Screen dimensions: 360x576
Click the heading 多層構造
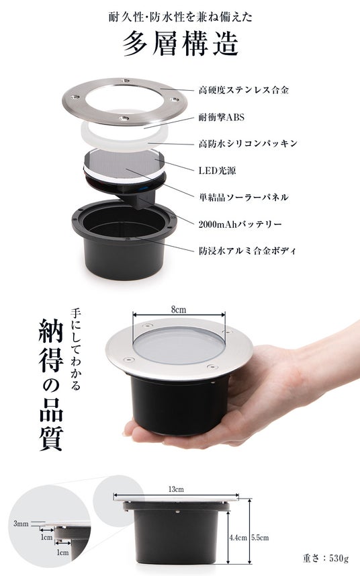point(181,43)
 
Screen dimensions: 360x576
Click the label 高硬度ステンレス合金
point(244,90)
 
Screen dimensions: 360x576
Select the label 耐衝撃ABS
point(221,117)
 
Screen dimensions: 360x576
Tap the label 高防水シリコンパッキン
point(248,144)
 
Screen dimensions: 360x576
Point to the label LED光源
point(217,171)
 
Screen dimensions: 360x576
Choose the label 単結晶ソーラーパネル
point(243,198)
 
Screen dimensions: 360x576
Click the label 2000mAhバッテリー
point(240,224)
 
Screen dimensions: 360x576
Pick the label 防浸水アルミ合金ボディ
point(247,251)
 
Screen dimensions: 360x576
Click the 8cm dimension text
point(179,310)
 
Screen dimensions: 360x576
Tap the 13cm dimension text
point(176,489)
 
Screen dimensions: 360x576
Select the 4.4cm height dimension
point(238,538)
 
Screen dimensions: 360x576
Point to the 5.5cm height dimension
point(260,538)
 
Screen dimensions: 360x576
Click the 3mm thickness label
point(21,524)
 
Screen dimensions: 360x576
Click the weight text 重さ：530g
point(326,559)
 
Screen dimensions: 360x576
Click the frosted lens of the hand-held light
point(179,346)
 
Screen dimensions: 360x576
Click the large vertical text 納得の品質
point(51,384)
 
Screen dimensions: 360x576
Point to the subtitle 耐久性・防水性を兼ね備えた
point(181,17)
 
